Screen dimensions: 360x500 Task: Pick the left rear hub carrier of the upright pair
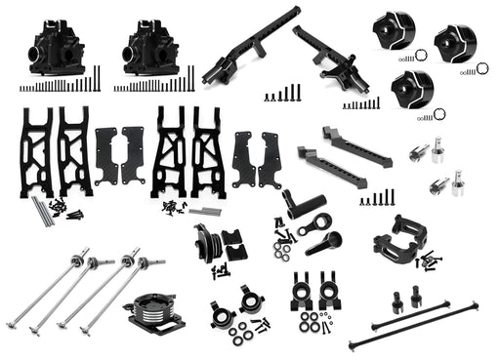coord(302,290)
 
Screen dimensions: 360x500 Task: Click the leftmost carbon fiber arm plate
coord(107,155)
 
